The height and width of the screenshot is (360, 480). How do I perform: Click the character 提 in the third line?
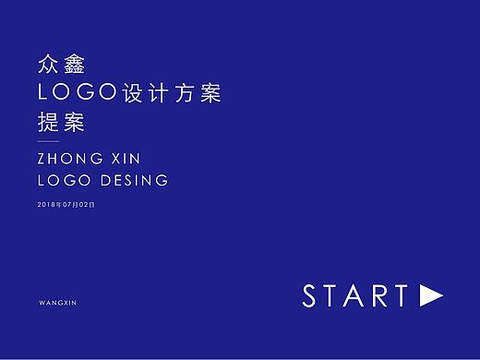(x=46, y=124)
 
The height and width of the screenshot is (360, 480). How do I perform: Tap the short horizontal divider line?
(x=46, y=141)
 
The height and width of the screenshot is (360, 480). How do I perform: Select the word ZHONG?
(x=70, y=160)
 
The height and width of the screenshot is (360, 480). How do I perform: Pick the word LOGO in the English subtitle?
(x=60, y=181)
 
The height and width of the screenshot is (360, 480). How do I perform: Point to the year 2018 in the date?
(x=47, y=203)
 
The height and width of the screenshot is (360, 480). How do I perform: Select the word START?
(x=355, y=296)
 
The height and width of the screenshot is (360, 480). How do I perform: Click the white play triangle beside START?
(x=430, y=295)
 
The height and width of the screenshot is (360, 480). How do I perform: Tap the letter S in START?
(x=311, y=296)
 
